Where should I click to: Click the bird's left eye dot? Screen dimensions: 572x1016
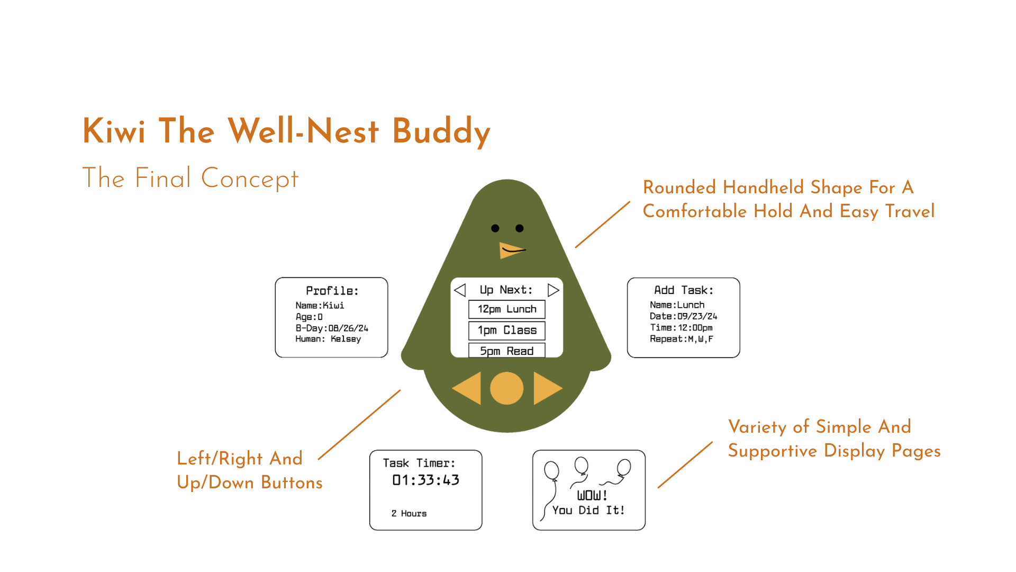(x=495, y=228)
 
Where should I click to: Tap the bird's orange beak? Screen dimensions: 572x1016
(x=509, y=250)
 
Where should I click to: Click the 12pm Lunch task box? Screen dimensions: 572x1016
(x=507, y=309)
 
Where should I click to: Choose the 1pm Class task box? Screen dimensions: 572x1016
(x=507, y=330)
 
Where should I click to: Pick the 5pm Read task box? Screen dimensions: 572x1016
(x=507, y=351)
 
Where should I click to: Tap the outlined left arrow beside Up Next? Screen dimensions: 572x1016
(x=460, y=290)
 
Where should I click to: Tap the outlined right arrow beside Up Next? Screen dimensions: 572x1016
(x=553, y=290)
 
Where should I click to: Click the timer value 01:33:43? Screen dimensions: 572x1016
(x=425, y=480)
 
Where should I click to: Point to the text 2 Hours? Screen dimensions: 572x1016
(x=409, y=513)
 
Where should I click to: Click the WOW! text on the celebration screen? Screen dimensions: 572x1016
(x=592, y=495)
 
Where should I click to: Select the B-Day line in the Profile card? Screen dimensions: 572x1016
(x=332, y=328)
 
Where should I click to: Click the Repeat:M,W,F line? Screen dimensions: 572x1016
(x=682, y=339)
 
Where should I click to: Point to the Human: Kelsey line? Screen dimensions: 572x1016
(x=328, y=339)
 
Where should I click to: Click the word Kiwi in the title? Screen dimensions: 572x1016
(x=114, y=131)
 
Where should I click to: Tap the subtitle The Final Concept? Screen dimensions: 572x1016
(x=190, y=178)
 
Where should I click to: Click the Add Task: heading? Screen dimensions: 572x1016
(x=684, y=290)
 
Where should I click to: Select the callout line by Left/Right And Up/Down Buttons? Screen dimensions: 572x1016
(x=359, y=425)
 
